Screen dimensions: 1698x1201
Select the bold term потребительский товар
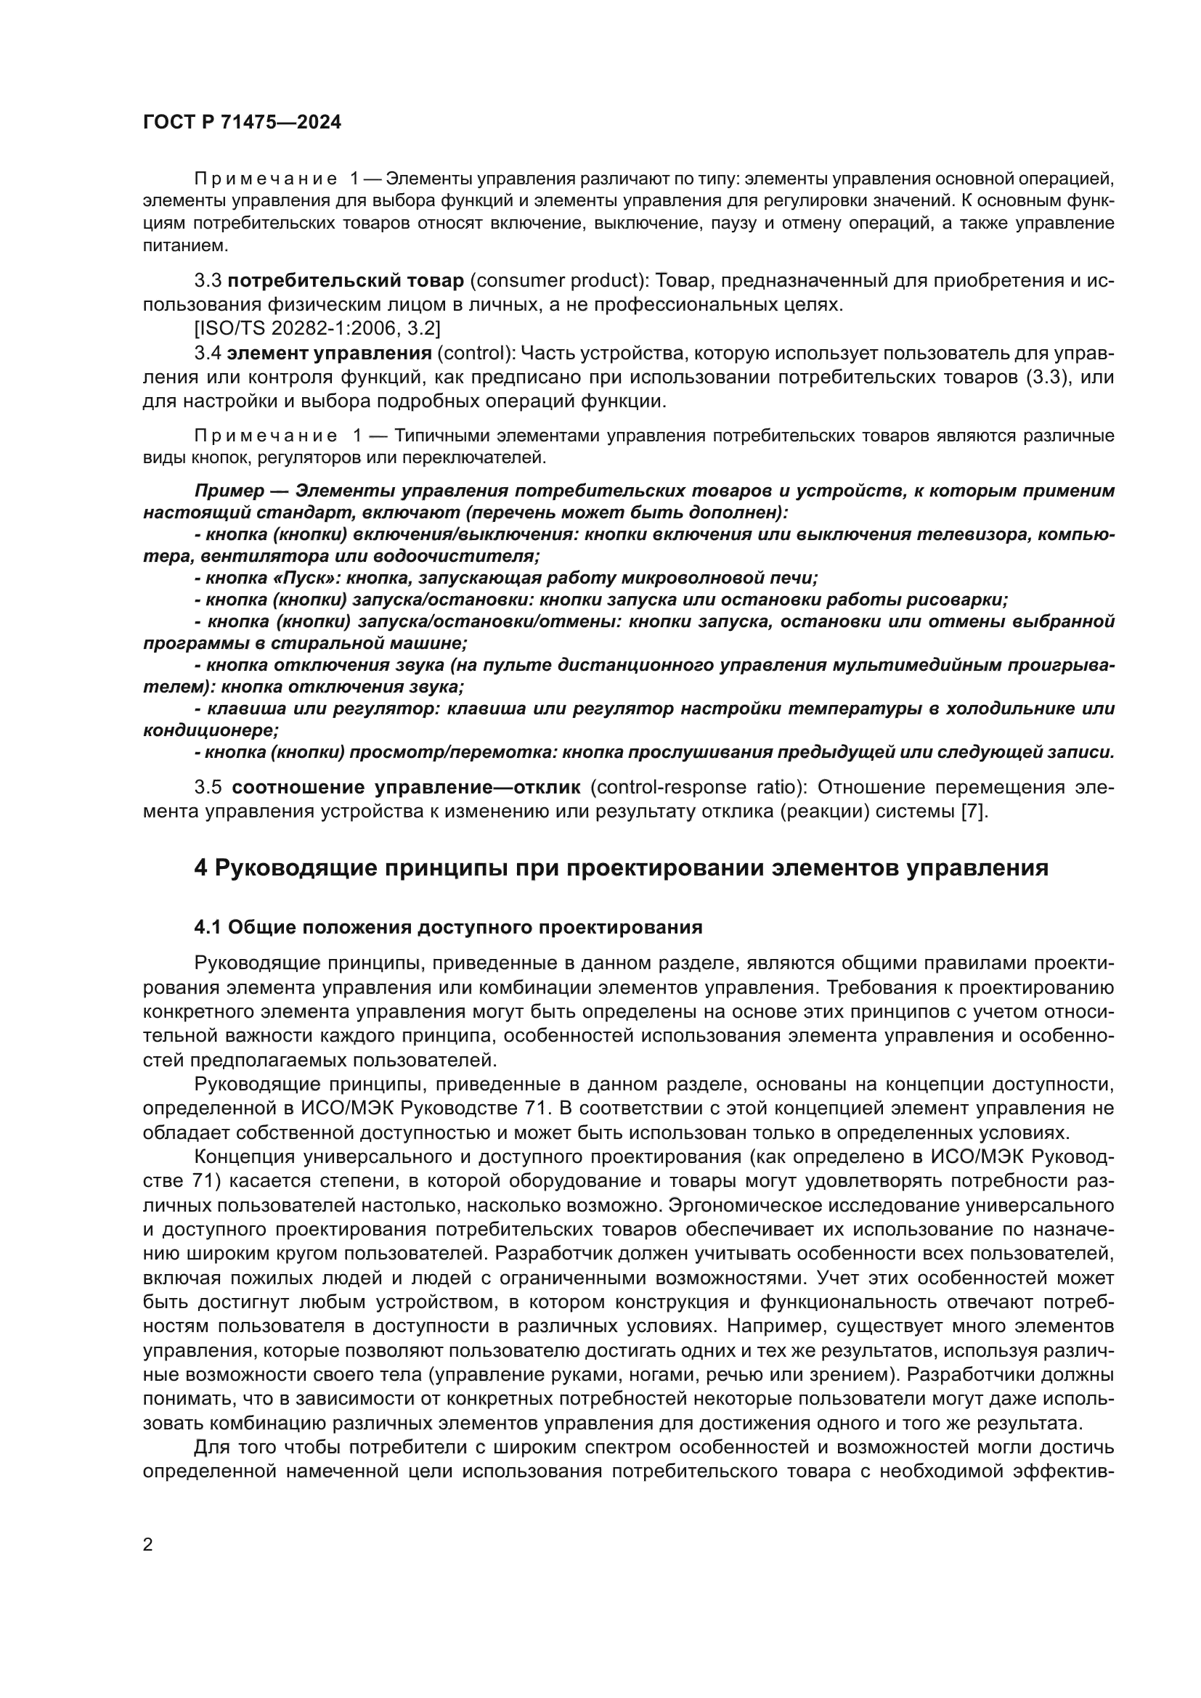coord(346,281)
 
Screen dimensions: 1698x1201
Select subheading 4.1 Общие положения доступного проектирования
coord(448,927)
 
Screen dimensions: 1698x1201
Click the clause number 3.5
coord(208,787)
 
